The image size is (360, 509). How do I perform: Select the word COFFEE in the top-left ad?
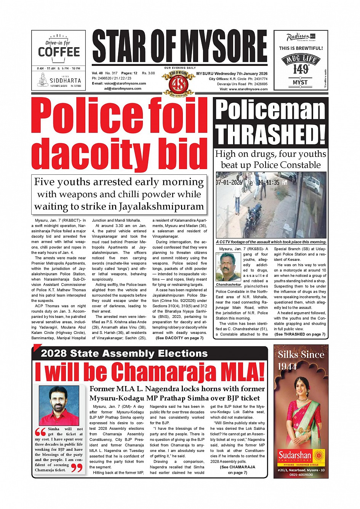click(x=59, y=52)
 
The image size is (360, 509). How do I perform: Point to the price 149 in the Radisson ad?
click(x=301, y=69)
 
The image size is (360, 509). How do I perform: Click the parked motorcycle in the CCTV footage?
click(x=252, y=221)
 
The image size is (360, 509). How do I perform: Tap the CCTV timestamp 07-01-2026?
click(x=229, y=183)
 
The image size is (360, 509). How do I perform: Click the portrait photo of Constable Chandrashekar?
click(x=228, y=266)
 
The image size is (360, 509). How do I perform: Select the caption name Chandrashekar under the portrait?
click(x=229, y=284)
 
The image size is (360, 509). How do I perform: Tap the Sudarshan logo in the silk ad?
click(x=295, y=455)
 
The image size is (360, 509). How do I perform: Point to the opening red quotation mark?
click(x=40, y=432)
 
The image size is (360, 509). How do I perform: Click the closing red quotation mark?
click(x=77, y=468)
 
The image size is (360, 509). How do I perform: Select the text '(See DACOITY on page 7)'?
click(x=179, y=338)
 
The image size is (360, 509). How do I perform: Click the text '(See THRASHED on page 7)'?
click(x=300, y=334)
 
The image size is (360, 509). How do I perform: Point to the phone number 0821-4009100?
click(x=301, y=475)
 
